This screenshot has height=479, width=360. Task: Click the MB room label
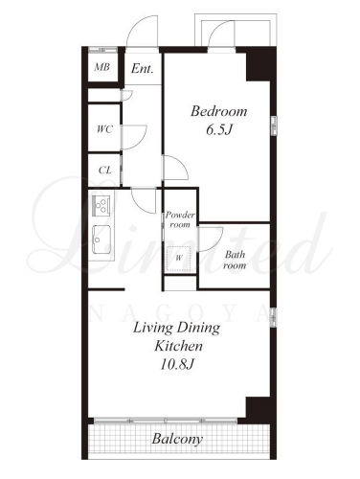click(102, 67)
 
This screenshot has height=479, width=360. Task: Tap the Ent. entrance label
click(142, 68)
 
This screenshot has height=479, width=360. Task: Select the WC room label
click(104, 129)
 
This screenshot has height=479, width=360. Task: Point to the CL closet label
click(105, 171)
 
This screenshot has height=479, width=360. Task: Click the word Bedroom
click(219, 111)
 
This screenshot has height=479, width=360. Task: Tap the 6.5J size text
click(218, 130)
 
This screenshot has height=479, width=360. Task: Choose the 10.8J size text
click(177, 364)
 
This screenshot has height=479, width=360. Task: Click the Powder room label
click(180, 219)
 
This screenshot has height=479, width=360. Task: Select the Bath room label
click(235, 260)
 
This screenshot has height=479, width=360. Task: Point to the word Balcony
click(177, 439)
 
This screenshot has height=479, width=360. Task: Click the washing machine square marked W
click(179, 259)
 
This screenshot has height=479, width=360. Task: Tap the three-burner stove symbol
click(101, 205)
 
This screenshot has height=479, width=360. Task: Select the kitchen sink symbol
click(101, 239)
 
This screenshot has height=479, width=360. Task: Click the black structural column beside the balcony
click(258, 409)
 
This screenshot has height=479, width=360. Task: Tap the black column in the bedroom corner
click(259, 65)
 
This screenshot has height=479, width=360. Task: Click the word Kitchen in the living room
click(178, 346)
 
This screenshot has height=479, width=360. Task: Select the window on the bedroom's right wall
click(274, 125)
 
